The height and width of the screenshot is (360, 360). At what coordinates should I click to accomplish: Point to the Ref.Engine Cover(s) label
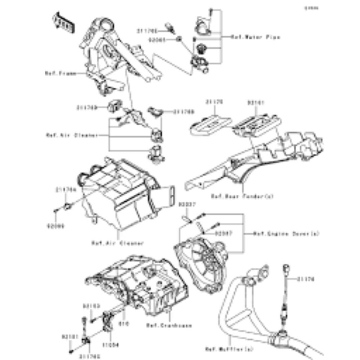[x=286, y=233]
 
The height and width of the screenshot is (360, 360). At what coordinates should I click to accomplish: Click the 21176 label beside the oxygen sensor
[x=306, y=279]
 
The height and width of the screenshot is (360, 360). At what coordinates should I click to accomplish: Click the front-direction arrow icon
[x=64, y=22]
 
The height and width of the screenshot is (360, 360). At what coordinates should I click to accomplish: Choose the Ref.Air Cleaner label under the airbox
[x=117, y=243]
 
